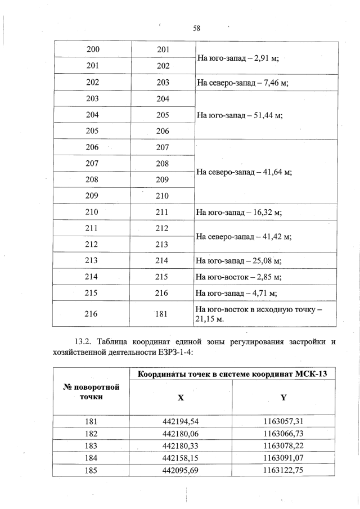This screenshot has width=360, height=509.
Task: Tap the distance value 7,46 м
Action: pos(269,82)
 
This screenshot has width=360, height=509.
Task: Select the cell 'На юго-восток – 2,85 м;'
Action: pos(238,277)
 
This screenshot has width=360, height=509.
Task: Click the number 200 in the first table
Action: pos(93,49)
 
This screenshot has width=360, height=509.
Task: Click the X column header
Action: pos(181,397)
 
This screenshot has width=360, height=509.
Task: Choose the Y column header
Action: pos(283,397)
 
